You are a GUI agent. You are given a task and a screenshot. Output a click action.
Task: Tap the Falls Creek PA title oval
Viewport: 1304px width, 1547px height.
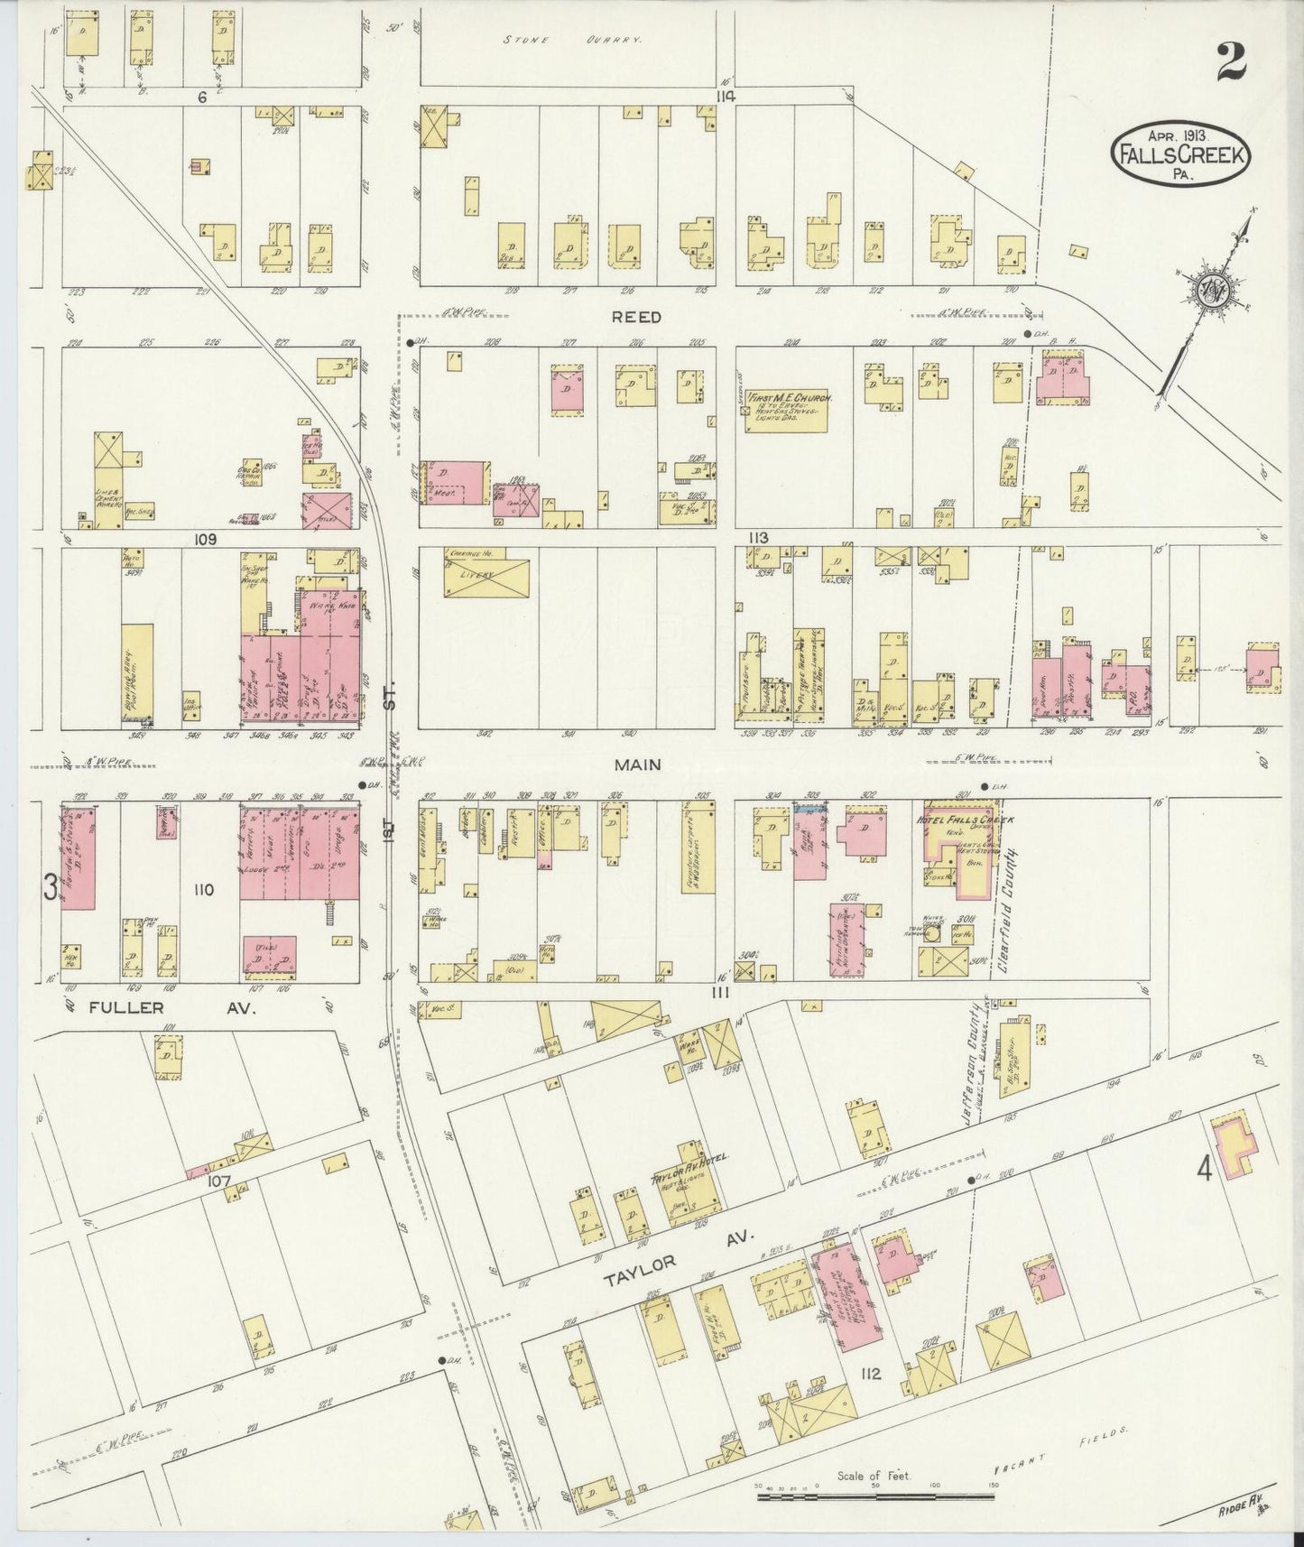click(1180, 154)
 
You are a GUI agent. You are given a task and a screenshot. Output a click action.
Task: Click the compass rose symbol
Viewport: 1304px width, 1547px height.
click(1208, 288)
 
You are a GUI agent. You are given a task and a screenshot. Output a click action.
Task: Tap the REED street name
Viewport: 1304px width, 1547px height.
click(637, 318)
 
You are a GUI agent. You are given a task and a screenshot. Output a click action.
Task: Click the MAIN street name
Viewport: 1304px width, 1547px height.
click(638, 764)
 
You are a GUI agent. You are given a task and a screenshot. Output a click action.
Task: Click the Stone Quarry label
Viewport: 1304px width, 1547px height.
click(572, 41)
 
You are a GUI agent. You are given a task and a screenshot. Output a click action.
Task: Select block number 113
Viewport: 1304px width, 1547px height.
click(756, 538)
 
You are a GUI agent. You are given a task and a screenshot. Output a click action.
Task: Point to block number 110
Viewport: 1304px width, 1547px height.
click(202, 889)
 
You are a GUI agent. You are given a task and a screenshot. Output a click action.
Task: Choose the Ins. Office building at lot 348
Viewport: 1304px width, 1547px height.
click(191, 702)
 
